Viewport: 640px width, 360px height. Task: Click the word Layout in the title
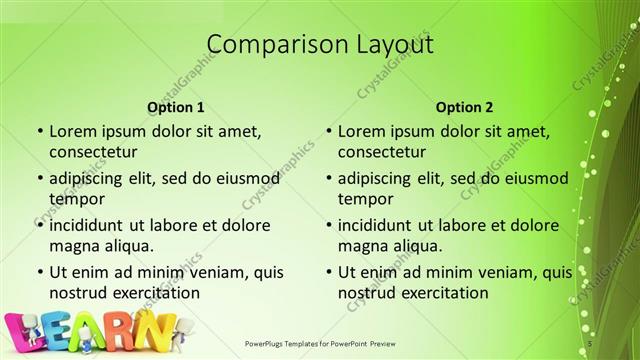[395, 45]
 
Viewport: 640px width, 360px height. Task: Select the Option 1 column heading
[176, 107]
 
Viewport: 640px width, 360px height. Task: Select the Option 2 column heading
[464, 107]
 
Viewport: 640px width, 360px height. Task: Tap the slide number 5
[591, 343]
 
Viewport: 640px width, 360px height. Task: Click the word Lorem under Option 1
[72, 130]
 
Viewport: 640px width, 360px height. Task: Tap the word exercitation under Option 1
[154, 293]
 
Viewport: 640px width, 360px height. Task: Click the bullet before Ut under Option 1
[38, 272]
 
